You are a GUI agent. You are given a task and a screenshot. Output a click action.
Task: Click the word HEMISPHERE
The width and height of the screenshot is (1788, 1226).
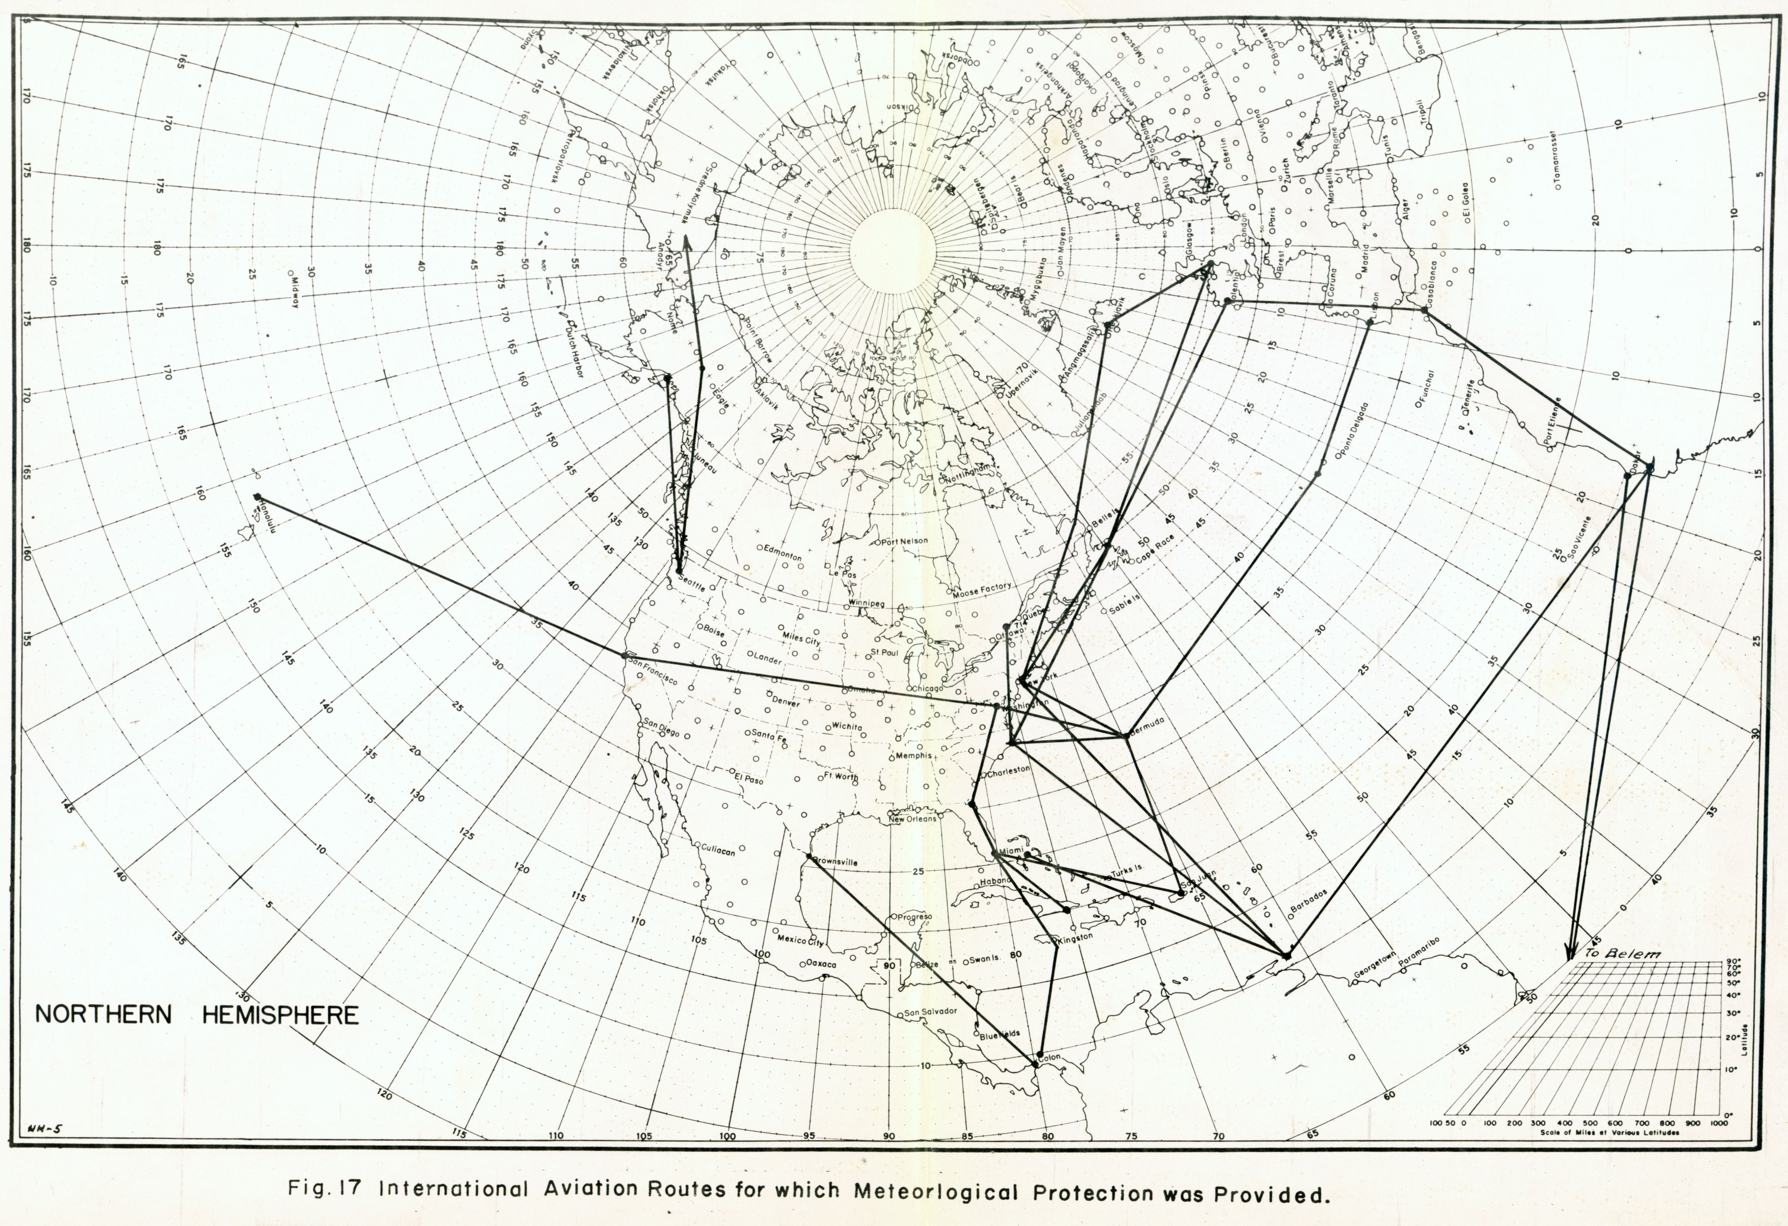coord(280,1015)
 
